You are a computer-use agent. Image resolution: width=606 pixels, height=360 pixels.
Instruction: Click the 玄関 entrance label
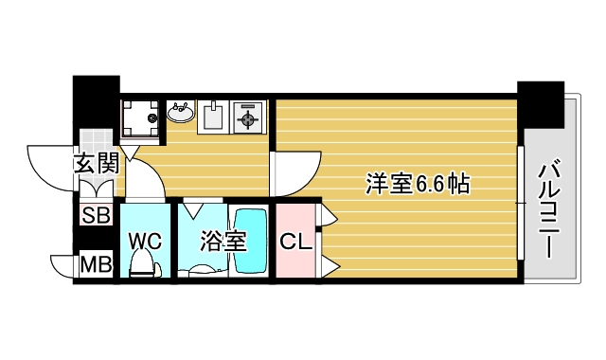(96, 164)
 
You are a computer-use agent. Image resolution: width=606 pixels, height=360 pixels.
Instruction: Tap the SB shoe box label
(95, 215)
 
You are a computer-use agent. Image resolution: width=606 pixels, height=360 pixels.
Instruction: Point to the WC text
(146, 241)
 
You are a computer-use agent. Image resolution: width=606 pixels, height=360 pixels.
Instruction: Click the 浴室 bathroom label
(223, 241)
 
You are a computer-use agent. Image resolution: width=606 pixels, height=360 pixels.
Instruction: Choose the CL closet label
(295, 242)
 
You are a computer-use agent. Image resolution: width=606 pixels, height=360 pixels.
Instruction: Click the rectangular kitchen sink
(214, 116)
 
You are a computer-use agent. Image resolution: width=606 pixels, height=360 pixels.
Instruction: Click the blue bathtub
(253, 241)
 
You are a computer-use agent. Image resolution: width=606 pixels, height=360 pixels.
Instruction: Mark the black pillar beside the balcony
(541, 105)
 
